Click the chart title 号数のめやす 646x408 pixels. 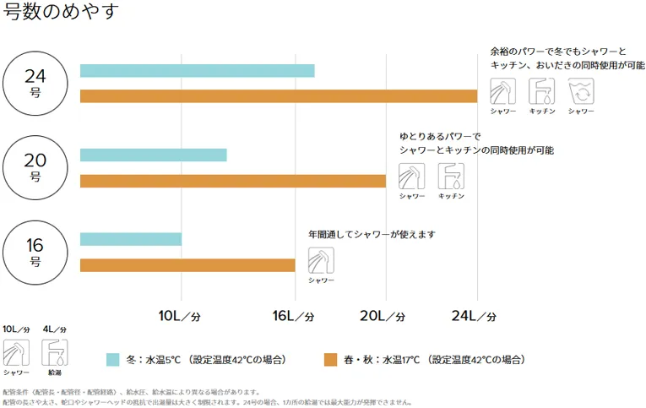61,12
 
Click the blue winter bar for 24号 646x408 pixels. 197,71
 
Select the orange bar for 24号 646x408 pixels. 278,96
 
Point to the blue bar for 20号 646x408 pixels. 153,155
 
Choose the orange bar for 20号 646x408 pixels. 232,181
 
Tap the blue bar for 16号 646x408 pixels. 130,239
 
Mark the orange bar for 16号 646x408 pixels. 187,265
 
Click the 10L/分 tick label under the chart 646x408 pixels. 180,316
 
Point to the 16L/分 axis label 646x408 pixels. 293,316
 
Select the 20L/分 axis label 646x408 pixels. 383,316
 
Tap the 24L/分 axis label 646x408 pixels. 474,316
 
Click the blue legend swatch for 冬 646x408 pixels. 112,359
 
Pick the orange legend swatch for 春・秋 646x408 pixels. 331,359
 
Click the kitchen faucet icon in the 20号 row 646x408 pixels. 451,176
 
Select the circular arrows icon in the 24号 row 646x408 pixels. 580,90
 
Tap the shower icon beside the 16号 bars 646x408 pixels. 321,260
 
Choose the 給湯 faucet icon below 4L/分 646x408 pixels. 54,352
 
